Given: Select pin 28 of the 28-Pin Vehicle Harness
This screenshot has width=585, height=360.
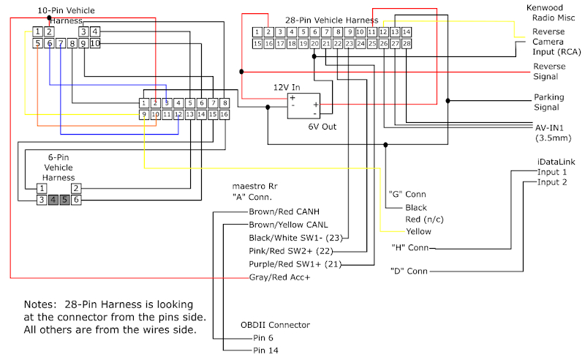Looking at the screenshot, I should tap(407, 44).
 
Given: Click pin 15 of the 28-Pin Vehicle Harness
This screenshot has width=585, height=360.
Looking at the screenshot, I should tap(257, 44).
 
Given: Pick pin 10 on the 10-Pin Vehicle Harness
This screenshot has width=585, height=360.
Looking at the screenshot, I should tap(95, 43).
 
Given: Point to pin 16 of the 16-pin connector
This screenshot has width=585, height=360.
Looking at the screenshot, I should tap(224, 114).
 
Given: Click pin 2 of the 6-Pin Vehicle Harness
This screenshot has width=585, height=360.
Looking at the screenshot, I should tap(75, 188).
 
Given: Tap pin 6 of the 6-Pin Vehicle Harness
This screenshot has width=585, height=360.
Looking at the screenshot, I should tap(75, 199).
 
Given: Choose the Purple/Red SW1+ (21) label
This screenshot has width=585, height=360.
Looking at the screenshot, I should tap(295, 264).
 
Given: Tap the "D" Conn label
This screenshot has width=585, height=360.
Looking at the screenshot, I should tap(408, 271).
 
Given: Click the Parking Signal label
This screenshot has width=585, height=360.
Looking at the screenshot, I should tap(548, 102).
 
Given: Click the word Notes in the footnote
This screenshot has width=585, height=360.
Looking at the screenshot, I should tap(39, 304).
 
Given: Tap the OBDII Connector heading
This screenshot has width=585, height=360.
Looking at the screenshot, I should tap(275, 325).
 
